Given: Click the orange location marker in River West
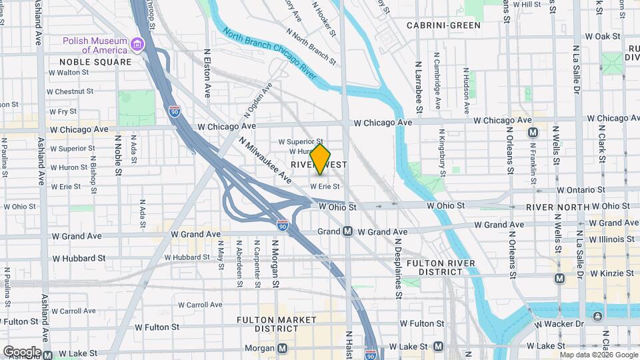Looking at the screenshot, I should click(x=321, y=159).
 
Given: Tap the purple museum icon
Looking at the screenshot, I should click(x=137, y=45).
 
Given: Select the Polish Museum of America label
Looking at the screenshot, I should click(x=95, y=45).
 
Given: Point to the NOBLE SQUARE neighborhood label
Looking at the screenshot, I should click(x=90, y=62).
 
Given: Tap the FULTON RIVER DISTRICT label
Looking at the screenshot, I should click(x=441, y=268).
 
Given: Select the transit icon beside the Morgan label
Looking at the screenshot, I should click(x=283, y=348).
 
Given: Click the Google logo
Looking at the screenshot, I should click(x=22, y=351).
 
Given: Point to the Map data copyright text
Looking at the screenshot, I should click(x=599, y=355).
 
